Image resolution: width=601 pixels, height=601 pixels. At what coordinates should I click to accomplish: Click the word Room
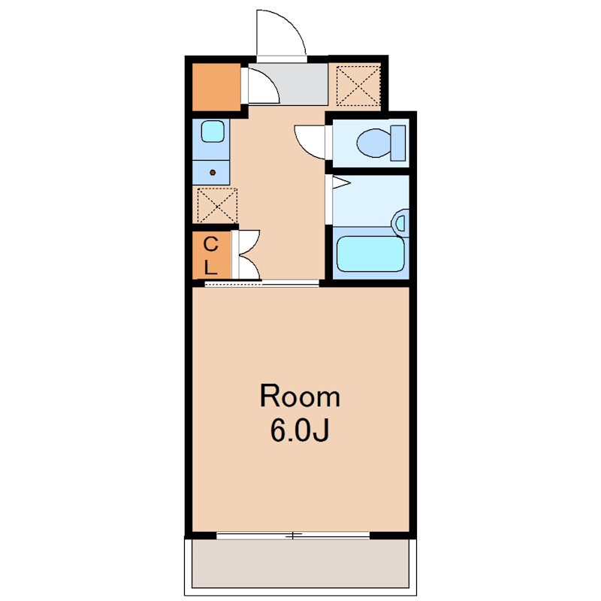tap(300, 397)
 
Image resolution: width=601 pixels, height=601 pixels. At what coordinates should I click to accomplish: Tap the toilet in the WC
tap(381, 143)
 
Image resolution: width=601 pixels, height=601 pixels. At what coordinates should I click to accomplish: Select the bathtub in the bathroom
tap(370, 254)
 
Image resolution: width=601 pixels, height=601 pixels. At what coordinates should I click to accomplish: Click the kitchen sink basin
tap(213, 131)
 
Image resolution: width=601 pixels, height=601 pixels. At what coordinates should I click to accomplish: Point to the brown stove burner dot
tap(213, 173)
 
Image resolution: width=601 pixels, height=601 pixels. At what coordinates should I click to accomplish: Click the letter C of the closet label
tap(210, 244)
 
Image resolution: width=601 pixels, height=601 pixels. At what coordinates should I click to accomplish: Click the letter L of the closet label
tap(210, 267)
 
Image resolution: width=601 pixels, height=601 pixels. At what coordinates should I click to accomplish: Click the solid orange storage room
tap(216, 87)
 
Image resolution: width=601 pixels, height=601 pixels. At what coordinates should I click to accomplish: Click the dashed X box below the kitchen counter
tap(217, 205)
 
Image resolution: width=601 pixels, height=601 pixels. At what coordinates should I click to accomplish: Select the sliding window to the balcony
tap(293, 536)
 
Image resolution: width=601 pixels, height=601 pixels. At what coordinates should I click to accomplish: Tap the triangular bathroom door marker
tap(341, 183)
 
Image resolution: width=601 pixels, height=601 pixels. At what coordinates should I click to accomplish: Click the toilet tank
tap(398, 143)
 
